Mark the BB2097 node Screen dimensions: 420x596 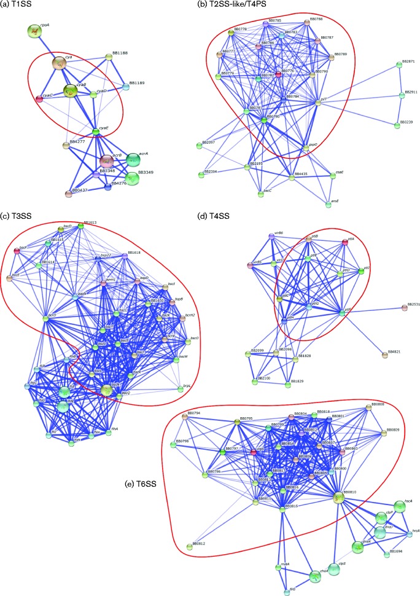click(199, 146)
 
